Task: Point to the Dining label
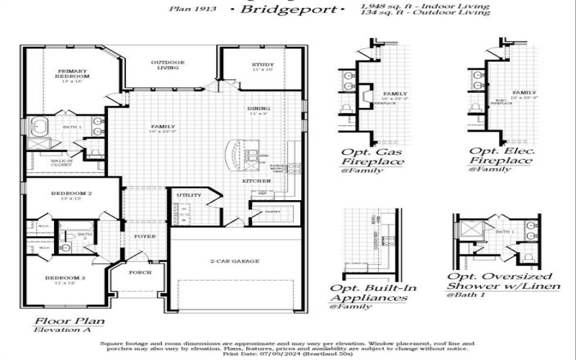[258, 109]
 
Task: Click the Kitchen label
[256, 181]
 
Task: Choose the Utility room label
[189, 195]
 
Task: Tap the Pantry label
[271, 212]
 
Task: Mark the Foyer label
[144, 236]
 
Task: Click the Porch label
[140, 273]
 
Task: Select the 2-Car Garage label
[235, 261]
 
